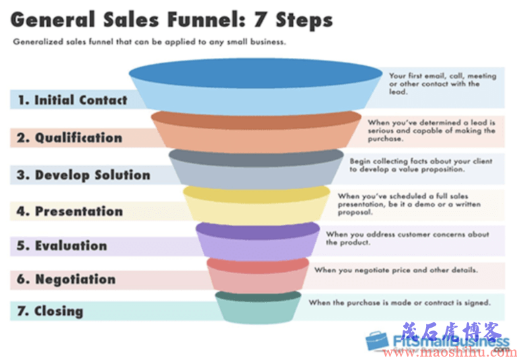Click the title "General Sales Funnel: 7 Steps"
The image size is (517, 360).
point(172,20)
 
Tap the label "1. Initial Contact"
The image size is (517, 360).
point(72,100)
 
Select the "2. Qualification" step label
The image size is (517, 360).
point(69,137)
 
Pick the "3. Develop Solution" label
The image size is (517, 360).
point(83,175)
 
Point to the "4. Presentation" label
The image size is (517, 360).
point(69,211)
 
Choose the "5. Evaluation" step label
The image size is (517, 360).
point(62,246)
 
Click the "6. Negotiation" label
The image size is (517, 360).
point(66,279)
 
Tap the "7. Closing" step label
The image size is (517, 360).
point(50,311)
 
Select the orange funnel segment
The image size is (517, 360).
point(256,132)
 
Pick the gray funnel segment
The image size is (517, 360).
point(256,169)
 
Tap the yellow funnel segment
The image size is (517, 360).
point(256,205)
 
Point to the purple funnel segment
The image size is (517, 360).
point(258,242)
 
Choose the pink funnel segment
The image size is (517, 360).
point(258,276)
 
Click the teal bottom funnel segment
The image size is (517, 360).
point(258,307)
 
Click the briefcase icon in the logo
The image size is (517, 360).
point(378,341)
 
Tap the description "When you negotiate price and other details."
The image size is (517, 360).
point(396,270)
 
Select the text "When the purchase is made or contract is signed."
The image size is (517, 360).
point(400,302)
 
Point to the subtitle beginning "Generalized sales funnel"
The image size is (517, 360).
point(149,42)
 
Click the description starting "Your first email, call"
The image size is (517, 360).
point(442,83)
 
